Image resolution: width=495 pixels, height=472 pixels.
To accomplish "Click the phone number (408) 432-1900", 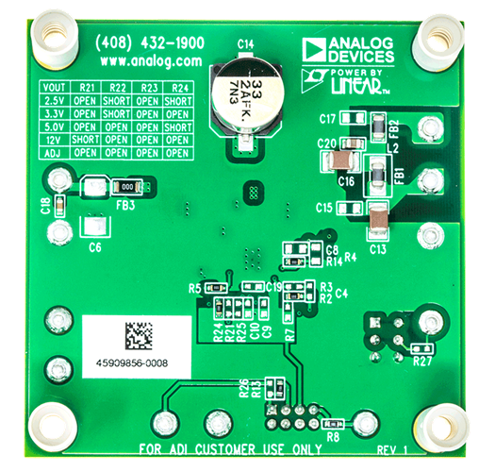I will pyautogui.click(x=148, y=44).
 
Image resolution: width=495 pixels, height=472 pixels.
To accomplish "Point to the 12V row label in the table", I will pyautogui.click(x=54, y=138).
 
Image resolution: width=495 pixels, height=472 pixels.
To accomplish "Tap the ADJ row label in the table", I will pyautogui.click(x=54, y=151).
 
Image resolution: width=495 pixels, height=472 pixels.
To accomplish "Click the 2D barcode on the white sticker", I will pyautogui.click(x=139, y=334).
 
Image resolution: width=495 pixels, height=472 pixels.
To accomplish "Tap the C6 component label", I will pyautogui.click(x=94, y=247).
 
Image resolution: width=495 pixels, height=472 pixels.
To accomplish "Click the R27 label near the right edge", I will pyautogui.click(x=422, y=360).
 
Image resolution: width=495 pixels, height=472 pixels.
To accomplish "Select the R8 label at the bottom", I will pyautogui.click(x=333, y=437).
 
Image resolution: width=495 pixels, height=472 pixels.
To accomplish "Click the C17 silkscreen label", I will pyautogui.click(x=328, y=120).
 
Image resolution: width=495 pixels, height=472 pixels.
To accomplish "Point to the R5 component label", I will pyautogui.click(x=195, y=286).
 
